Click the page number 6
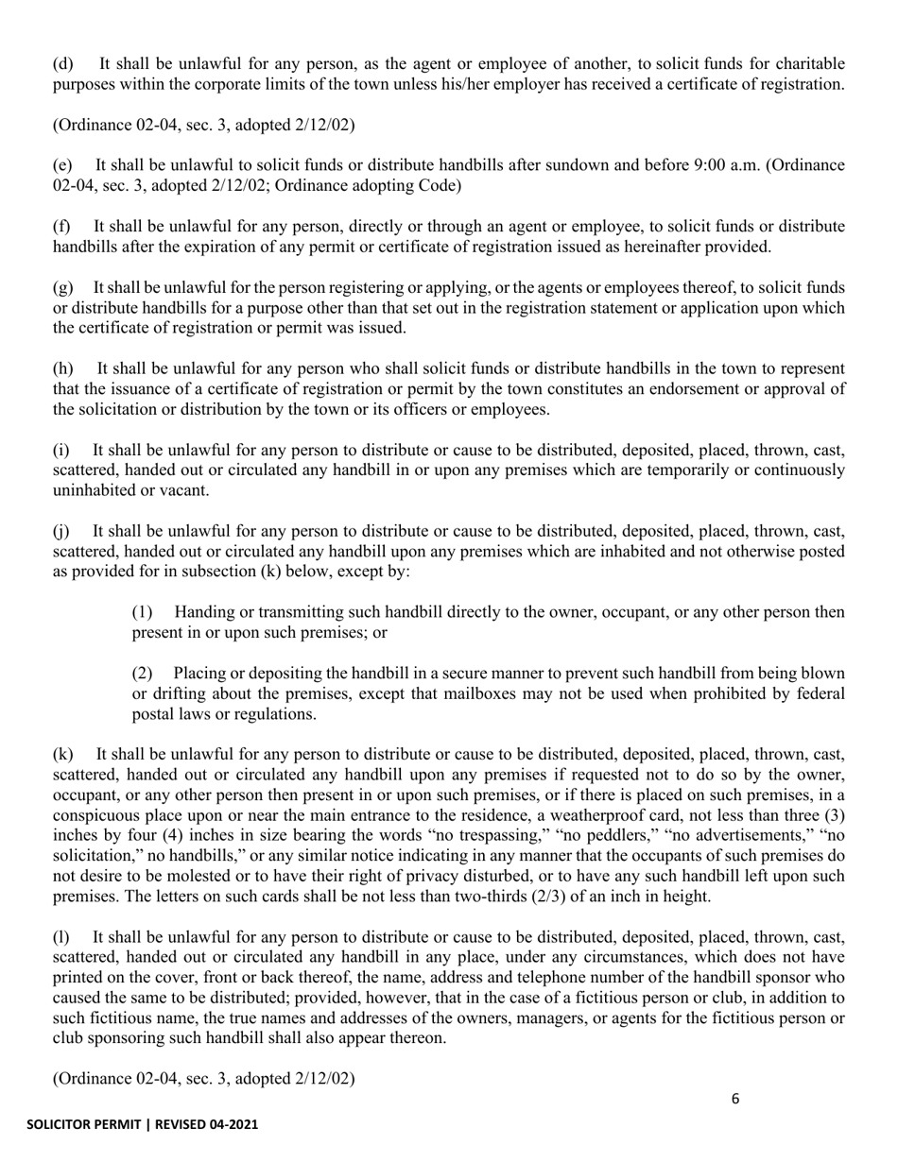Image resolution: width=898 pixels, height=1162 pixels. [735, 1099]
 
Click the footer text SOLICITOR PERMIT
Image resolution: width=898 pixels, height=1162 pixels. [84, 1125]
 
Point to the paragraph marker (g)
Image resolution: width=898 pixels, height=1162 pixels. [62, 287]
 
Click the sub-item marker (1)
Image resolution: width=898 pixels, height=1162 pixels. [143, 612]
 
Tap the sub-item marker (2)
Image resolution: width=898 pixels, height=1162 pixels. [143, 674]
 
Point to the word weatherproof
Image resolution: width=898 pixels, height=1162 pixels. [623, 815]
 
